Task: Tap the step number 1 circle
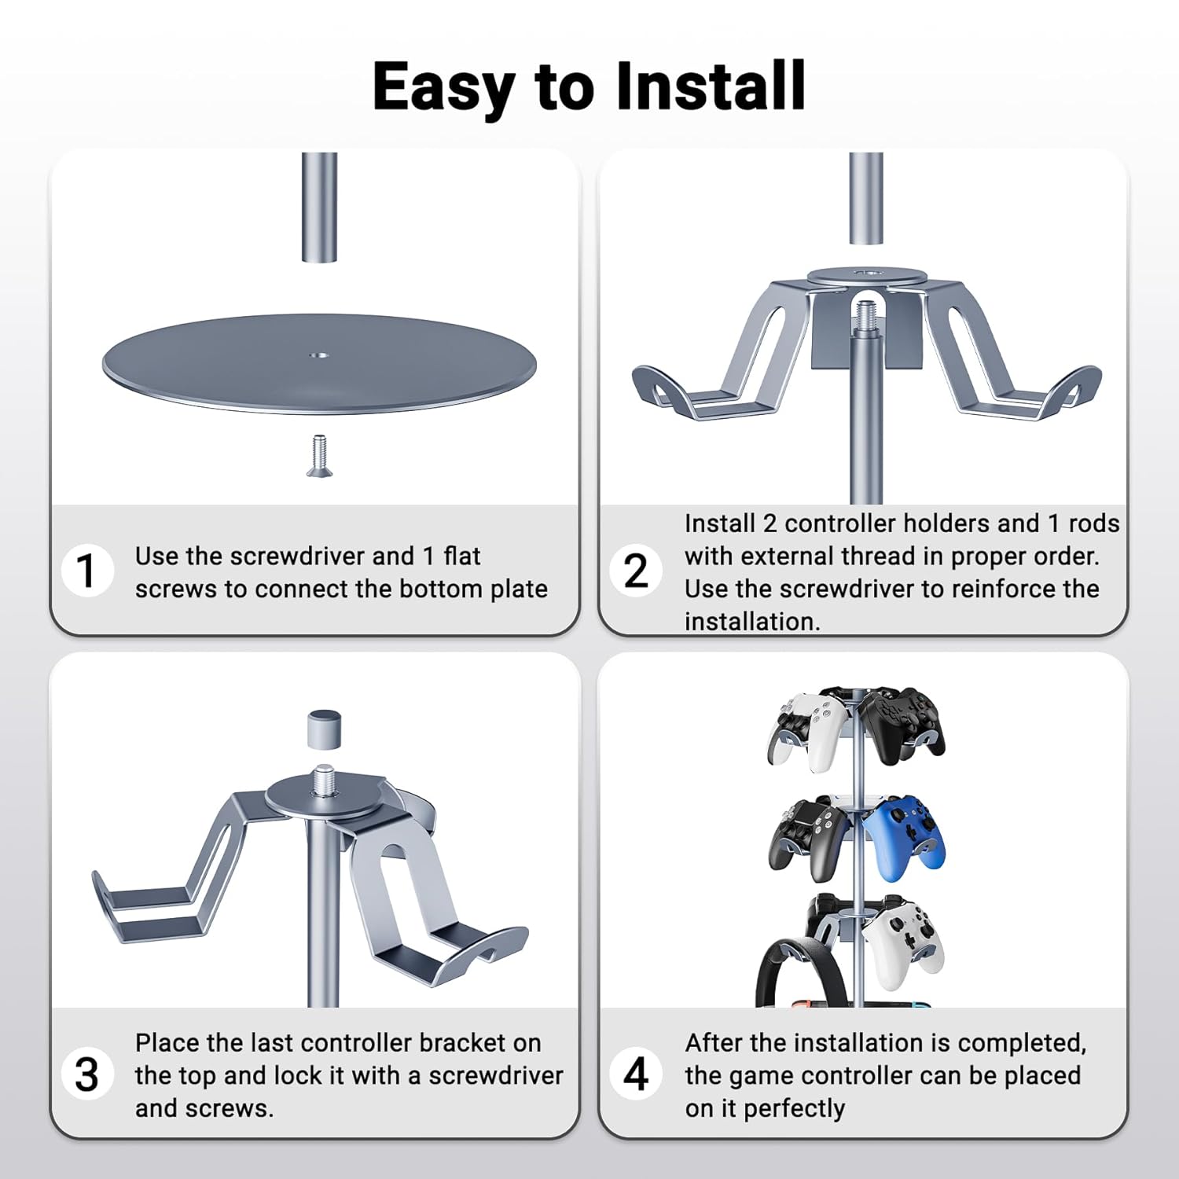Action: pyautogui.click(x=87, y=571)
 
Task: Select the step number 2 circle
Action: pyautogui.click(x=636, y=571)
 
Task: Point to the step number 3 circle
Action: pyautogui.click(x=87, y=1074)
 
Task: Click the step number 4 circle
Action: pyautogui.click(x=636, y=1074)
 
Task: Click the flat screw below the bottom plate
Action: pyautogui.click(x=319, y=456)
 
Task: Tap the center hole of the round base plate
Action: pyautogui.click(x=318, y=355)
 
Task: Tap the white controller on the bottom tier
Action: pyautogui.click(x=904, y=943)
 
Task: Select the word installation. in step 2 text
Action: pyautogui.click(x=752, y=621)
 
